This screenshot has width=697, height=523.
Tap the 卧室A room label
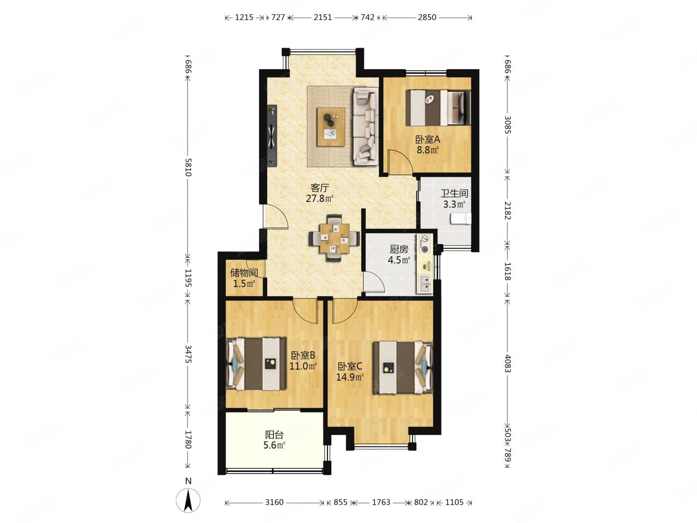coord(428,139)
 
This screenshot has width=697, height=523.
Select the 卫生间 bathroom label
coord(454,193)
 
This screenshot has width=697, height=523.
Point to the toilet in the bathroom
coord(460,219)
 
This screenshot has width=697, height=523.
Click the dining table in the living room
coord(334,239)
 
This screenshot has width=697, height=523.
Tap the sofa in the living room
coord(365,126)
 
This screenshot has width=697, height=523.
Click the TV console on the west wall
coord(272,136)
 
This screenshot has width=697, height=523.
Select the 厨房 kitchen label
coord(399,249)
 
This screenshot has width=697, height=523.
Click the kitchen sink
coord(425,284)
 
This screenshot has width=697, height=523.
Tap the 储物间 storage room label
coord(244,273)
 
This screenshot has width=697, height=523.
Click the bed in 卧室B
coord(256,364)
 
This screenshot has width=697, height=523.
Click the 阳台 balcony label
coord(274,435)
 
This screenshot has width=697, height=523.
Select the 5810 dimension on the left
coord(188,167)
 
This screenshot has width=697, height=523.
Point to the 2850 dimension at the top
coord(427,18)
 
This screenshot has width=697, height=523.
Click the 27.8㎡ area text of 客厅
coord(320,199)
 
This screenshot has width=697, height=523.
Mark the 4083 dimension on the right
coord(507,363)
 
